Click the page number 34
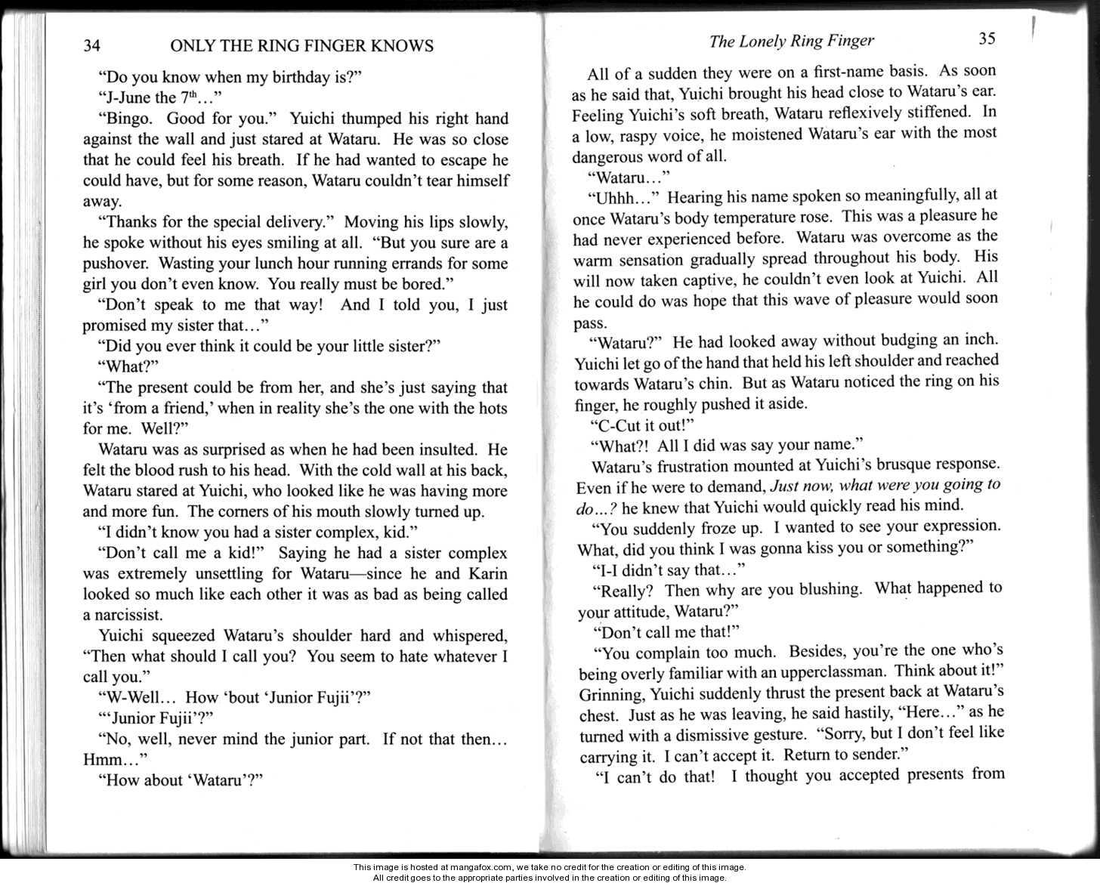(91, 47)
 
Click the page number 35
(987, 39)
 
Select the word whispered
(462, 635)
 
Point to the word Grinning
(609, 693)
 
